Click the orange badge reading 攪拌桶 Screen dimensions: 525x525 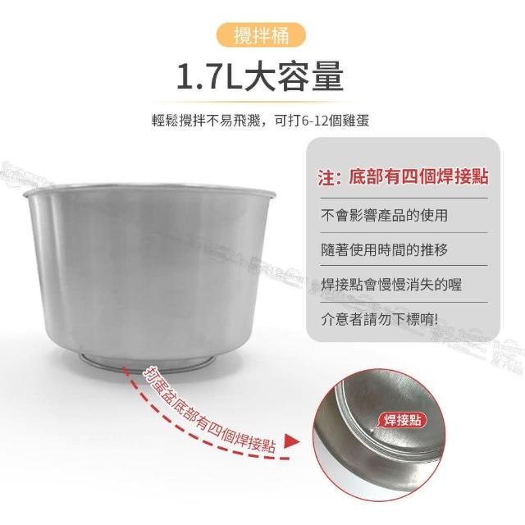click(261, 35)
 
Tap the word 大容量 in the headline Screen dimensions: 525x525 click(294, 77)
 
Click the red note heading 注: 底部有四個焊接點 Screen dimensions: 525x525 click(403, 176)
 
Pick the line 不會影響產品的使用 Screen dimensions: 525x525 click(384, 215)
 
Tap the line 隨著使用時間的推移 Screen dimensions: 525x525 click(384, 249)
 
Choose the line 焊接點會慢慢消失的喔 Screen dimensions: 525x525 click(391, 285)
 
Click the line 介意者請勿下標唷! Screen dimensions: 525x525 click(379, 319)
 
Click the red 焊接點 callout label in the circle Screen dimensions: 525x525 click(402, 420)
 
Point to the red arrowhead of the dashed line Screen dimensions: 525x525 click(292, 441)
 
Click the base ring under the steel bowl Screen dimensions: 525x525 click(147, 361)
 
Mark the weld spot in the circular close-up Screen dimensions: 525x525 click(370, 430)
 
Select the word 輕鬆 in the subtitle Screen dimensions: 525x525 click(166, 121)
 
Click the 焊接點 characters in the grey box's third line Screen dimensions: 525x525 click(342, 285)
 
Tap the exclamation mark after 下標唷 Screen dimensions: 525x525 click(436, 319)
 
